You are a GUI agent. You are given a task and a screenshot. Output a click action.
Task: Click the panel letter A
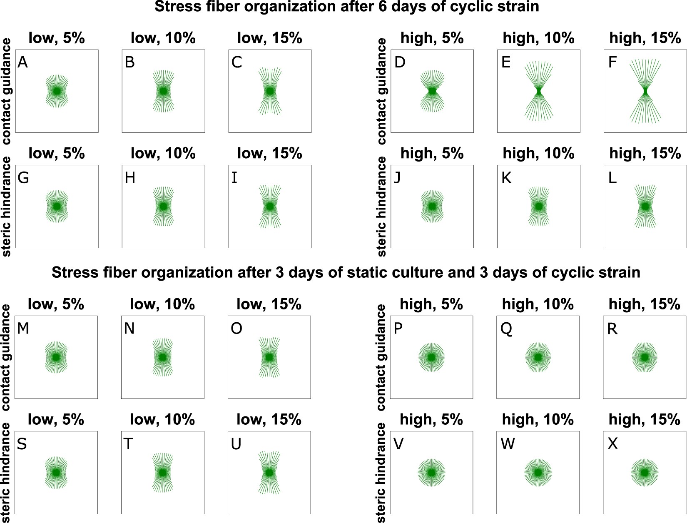click(x=23, y=62)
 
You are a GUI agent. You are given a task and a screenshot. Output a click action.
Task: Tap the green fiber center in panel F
click(x=645, y=91)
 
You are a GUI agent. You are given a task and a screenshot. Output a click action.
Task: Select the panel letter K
click(x=506, y=178)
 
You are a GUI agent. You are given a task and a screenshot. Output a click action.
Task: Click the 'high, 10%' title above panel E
click(x=538, y=38)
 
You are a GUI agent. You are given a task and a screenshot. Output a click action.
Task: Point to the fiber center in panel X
click(x=645, y=473)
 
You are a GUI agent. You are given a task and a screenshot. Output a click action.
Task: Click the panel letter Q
click(x=506, y=329)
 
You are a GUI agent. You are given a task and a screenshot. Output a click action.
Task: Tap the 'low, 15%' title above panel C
click(x=269, y=38)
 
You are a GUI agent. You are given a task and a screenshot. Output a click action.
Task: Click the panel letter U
click(x=236, y=444)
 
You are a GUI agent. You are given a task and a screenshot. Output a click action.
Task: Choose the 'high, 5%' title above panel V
click(x=431, y=419)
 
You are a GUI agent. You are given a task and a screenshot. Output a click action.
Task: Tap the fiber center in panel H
click(x=163, y=207)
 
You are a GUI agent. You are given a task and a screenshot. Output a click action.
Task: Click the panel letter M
click(x=23, y=329)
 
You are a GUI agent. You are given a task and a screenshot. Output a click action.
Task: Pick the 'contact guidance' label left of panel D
click(x=381, y=91)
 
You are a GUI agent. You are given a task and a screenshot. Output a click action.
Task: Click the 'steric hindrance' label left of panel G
click(x=7, y=207)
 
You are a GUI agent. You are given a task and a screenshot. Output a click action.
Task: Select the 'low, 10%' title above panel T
click(x=162, y=419)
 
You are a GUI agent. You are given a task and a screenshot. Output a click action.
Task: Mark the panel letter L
click(x=612, y=178)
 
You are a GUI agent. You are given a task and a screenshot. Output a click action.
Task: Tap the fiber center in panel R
click(x=645, y=357)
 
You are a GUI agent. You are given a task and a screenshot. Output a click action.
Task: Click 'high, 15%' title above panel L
click(x=645, y=154)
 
